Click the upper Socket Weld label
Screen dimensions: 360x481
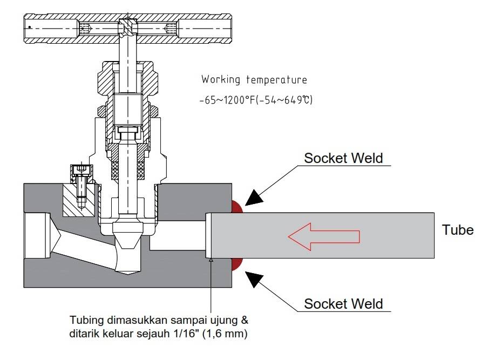click(343, 158)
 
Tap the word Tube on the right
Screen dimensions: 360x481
click(458, 230)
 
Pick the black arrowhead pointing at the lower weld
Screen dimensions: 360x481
click(255, 277)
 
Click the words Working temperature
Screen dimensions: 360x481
click(254, 80)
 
